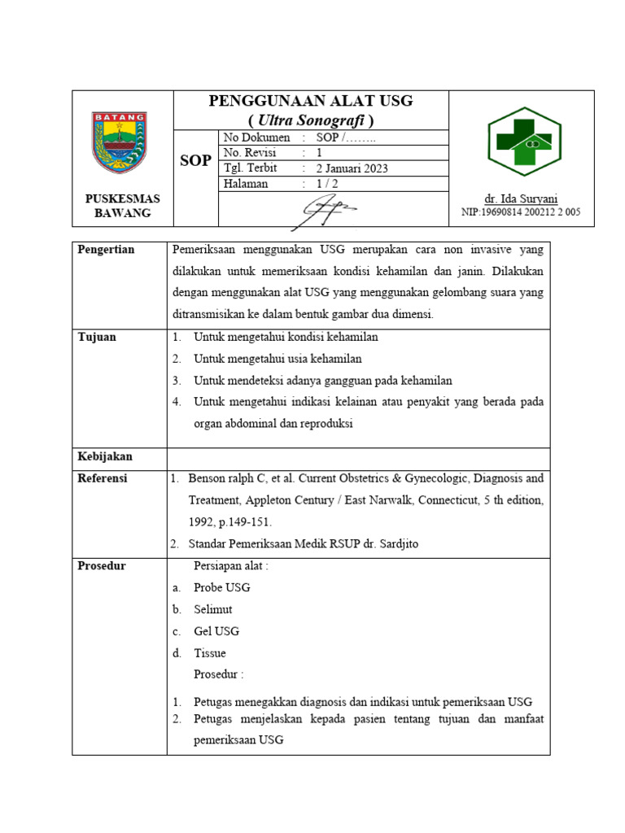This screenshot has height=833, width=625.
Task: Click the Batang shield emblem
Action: (119, 142)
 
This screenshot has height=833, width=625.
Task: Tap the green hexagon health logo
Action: (524, 142)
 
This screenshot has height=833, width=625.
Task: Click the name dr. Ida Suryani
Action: (521, 198)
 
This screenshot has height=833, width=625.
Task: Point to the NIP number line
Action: (521, 212)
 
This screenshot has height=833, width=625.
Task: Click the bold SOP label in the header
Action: (195, 161)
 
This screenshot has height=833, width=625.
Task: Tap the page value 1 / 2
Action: (327, 185)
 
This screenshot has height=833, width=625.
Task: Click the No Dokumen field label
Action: (256, 137)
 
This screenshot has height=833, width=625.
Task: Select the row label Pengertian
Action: (106, 250)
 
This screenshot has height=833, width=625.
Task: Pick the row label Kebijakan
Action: (105, 456)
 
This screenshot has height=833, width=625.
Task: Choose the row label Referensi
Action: (103, 478)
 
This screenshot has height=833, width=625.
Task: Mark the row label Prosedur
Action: (102, 565)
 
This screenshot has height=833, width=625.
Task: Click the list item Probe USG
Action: (222, 587)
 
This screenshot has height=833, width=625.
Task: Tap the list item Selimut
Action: (213, 609)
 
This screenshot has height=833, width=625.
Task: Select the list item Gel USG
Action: (216, 631)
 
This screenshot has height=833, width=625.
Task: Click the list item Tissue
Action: (210, 653)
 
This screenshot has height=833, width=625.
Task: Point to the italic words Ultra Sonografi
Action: (311, 120)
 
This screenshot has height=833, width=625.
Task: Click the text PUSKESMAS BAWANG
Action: (123, 206)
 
